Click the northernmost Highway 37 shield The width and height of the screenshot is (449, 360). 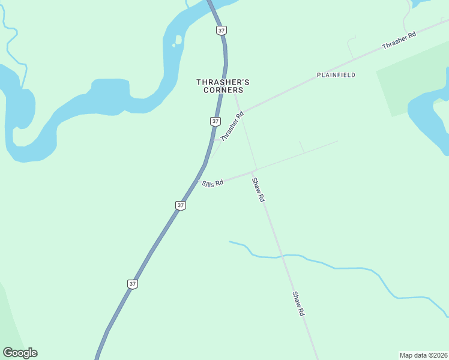(x=222, y=30)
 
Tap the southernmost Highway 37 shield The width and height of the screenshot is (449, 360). (x=133, y=284)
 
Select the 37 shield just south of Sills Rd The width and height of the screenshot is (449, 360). (x=181, y=205)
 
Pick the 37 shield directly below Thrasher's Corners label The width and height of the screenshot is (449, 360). (x=215, y=121)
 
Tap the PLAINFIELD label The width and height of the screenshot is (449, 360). (x=336, y=75)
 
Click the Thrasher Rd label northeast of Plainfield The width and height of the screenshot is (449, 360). (x=399, y=41)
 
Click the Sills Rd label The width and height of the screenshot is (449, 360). (x=212, y=182)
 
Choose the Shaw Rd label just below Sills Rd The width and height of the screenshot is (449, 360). (x=258, y=190)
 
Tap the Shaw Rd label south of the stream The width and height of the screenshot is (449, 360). (x=299, y=304)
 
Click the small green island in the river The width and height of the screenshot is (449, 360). (x=178, y=41)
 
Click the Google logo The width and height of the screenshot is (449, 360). (x=20, y=353)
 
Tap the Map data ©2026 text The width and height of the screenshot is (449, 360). (x=423, y=355)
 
